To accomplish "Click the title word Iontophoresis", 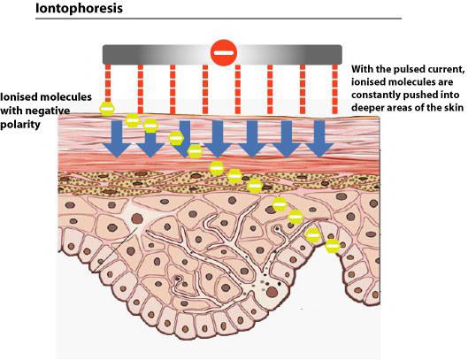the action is pos(79,8).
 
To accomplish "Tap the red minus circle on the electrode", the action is pos(224,53).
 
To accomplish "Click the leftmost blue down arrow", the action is pos(117,139).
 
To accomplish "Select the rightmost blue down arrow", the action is pos(319,139).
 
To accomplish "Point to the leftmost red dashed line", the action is pos(108,83).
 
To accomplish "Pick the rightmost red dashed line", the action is pos(334,88).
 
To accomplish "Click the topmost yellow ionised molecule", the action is pos(107,109).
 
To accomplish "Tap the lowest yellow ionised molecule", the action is pos(333,246).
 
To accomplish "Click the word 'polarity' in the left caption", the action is pos(20,125).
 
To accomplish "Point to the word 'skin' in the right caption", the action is pos(454,108).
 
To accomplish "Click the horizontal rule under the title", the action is pos(219,19).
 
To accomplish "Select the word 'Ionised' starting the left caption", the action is pos(19,96).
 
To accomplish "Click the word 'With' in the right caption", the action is pos(362,69).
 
